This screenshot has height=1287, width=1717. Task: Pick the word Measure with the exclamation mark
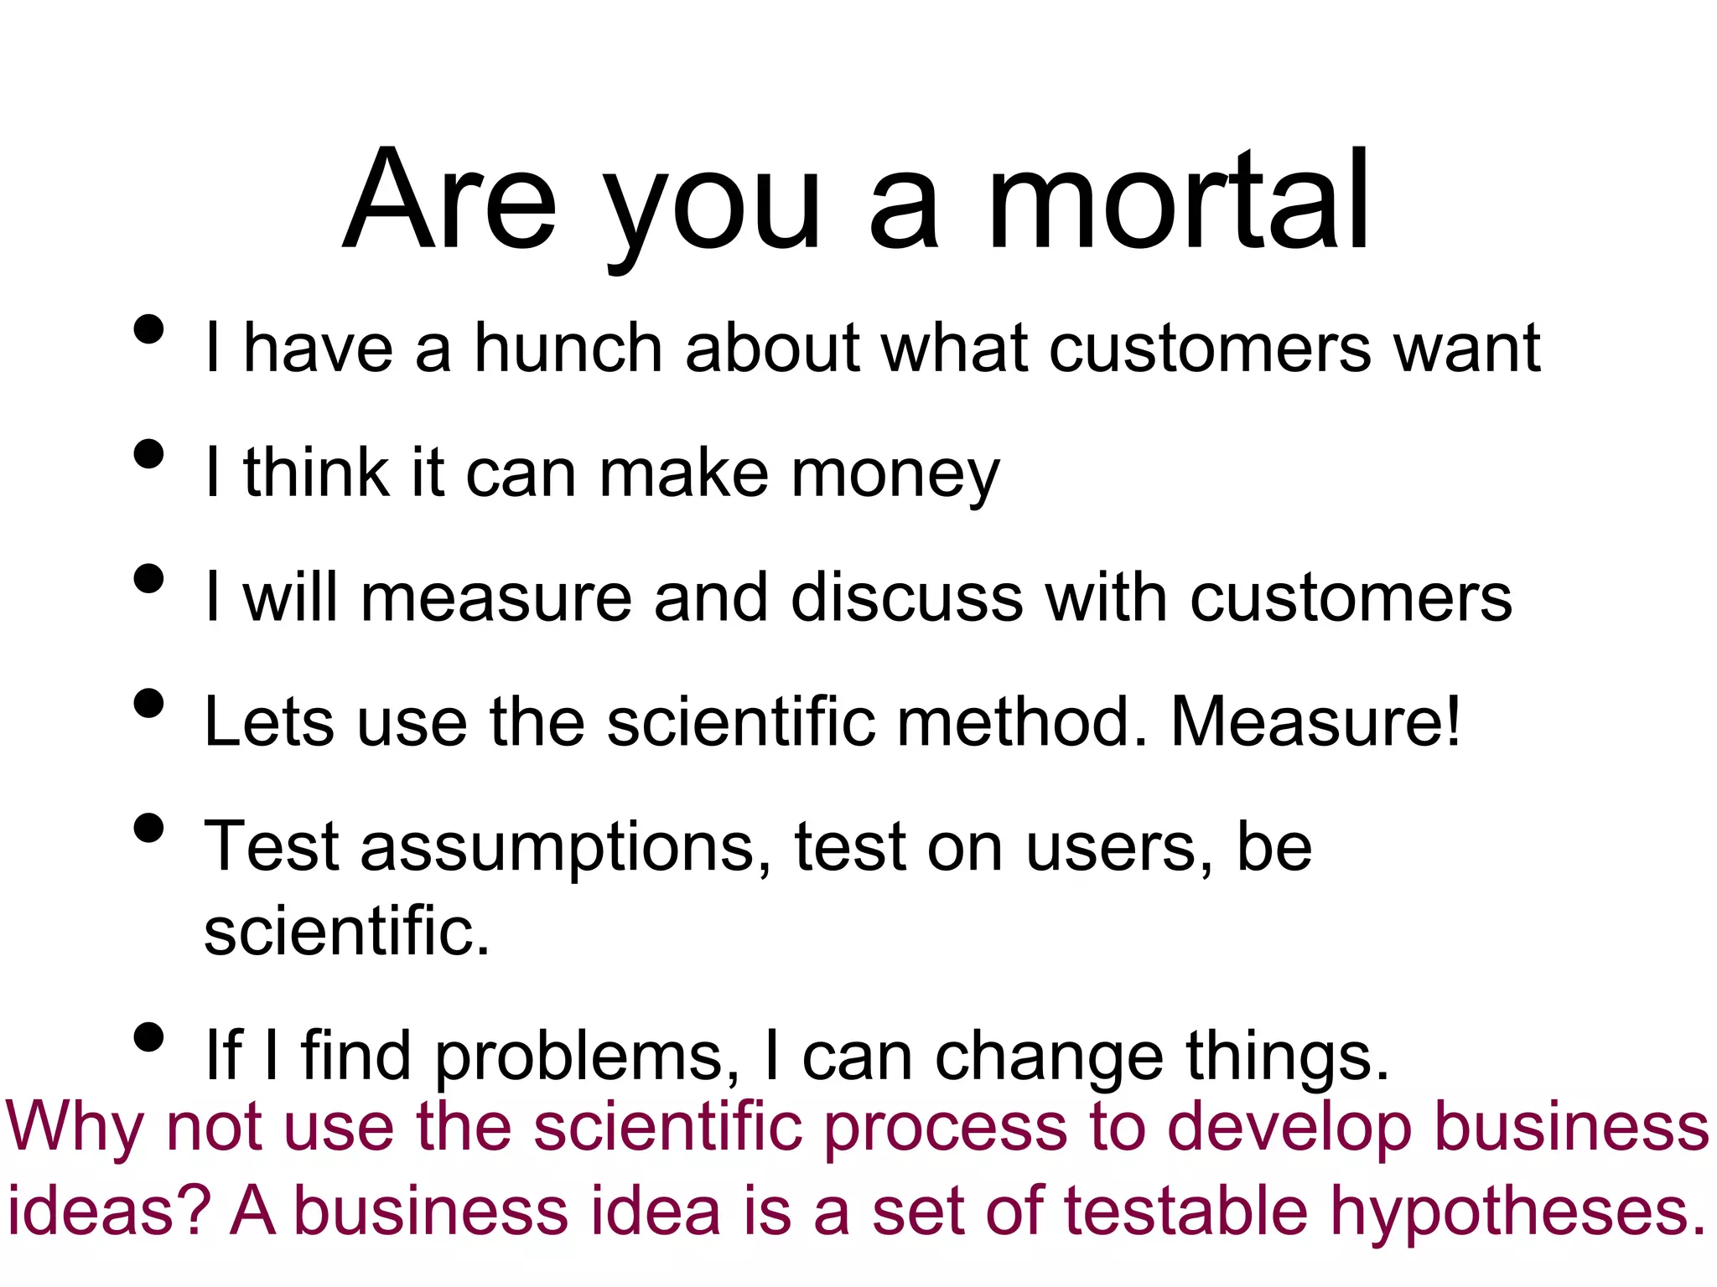point(1315,721)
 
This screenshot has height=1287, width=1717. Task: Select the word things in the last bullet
point(1287,1057)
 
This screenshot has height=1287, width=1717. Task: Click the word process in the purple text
point(946,1128)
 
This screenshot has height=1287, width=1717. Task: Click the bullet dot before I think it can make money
point(148,454)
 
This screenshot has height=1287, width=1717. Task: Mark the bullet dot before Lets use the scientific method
point(148,703)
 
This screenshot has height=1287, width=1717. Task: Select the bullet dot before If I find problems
point(148,1037)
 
